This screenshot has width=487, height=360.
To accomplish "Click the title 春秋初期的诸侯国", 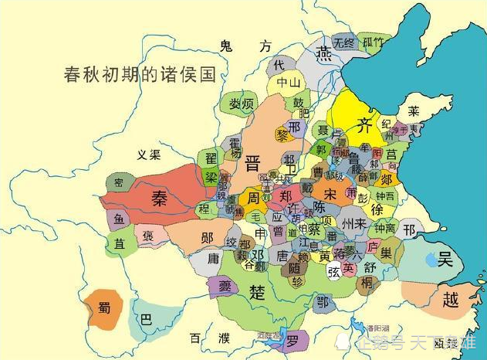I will click(140, 76).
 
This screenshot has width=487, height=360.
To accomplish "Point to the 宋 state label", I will click(330, 193).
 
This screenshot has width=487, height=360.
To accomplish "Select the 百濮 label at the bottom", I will click(210, 338).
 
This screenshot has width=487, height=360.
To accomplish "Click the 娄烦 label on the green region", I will click(237, 104).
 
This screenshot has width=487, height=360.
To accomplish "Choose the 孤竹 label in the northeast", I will click(372, 42).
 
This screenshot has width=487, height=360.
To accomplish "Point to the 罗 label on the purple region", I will click(292, 340).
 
